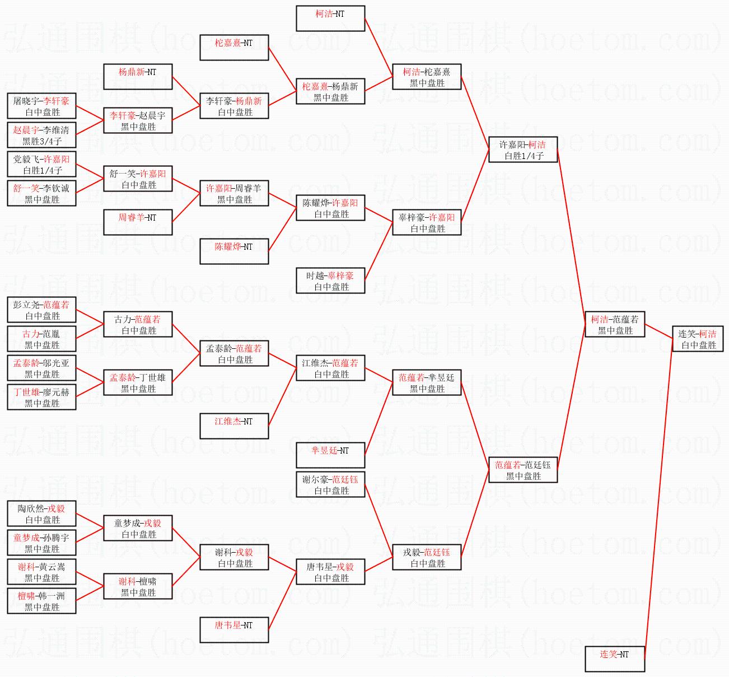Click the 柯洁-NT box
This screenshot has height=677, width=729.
pos(330,18)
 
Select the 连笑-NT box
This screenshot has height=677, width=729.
pos(615,659)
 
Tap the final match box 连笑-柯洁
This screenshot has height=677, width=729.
pos(698,338)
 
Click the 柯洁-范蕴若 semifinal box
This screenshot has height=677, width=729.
pos(615,324)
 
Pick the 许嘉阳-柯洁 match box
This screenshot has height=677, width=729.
pos(523,150)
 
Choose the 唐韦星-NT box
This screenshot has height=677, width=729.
pos(234,630)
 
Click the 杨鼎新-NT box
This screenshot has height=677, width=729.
pos(138,77)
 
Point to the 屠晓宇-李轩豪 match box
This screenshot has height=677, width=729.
pos(42,106)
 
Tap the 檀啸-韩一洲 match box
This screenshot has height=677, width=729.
pos(42,601)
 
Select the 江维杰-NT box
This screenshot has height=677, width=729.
pos(234,426)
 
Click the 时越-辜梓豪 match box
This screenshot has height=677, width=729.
pos(330,281)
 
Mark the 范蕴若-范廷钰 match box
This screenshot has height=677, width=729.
pos(523,470)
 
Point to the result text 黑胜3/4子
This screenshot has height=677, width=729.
pos(42,141)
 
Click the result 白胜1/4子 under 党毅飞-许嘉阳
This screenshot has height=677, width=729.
pos(43,170)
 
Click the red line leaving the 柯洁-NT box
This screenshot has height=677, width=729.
pos(379,48)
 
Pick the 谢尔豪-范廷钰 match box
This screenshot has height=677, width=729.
pos(330,484)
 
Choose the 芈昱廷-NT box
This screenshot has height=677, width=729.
pos(330,455)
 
